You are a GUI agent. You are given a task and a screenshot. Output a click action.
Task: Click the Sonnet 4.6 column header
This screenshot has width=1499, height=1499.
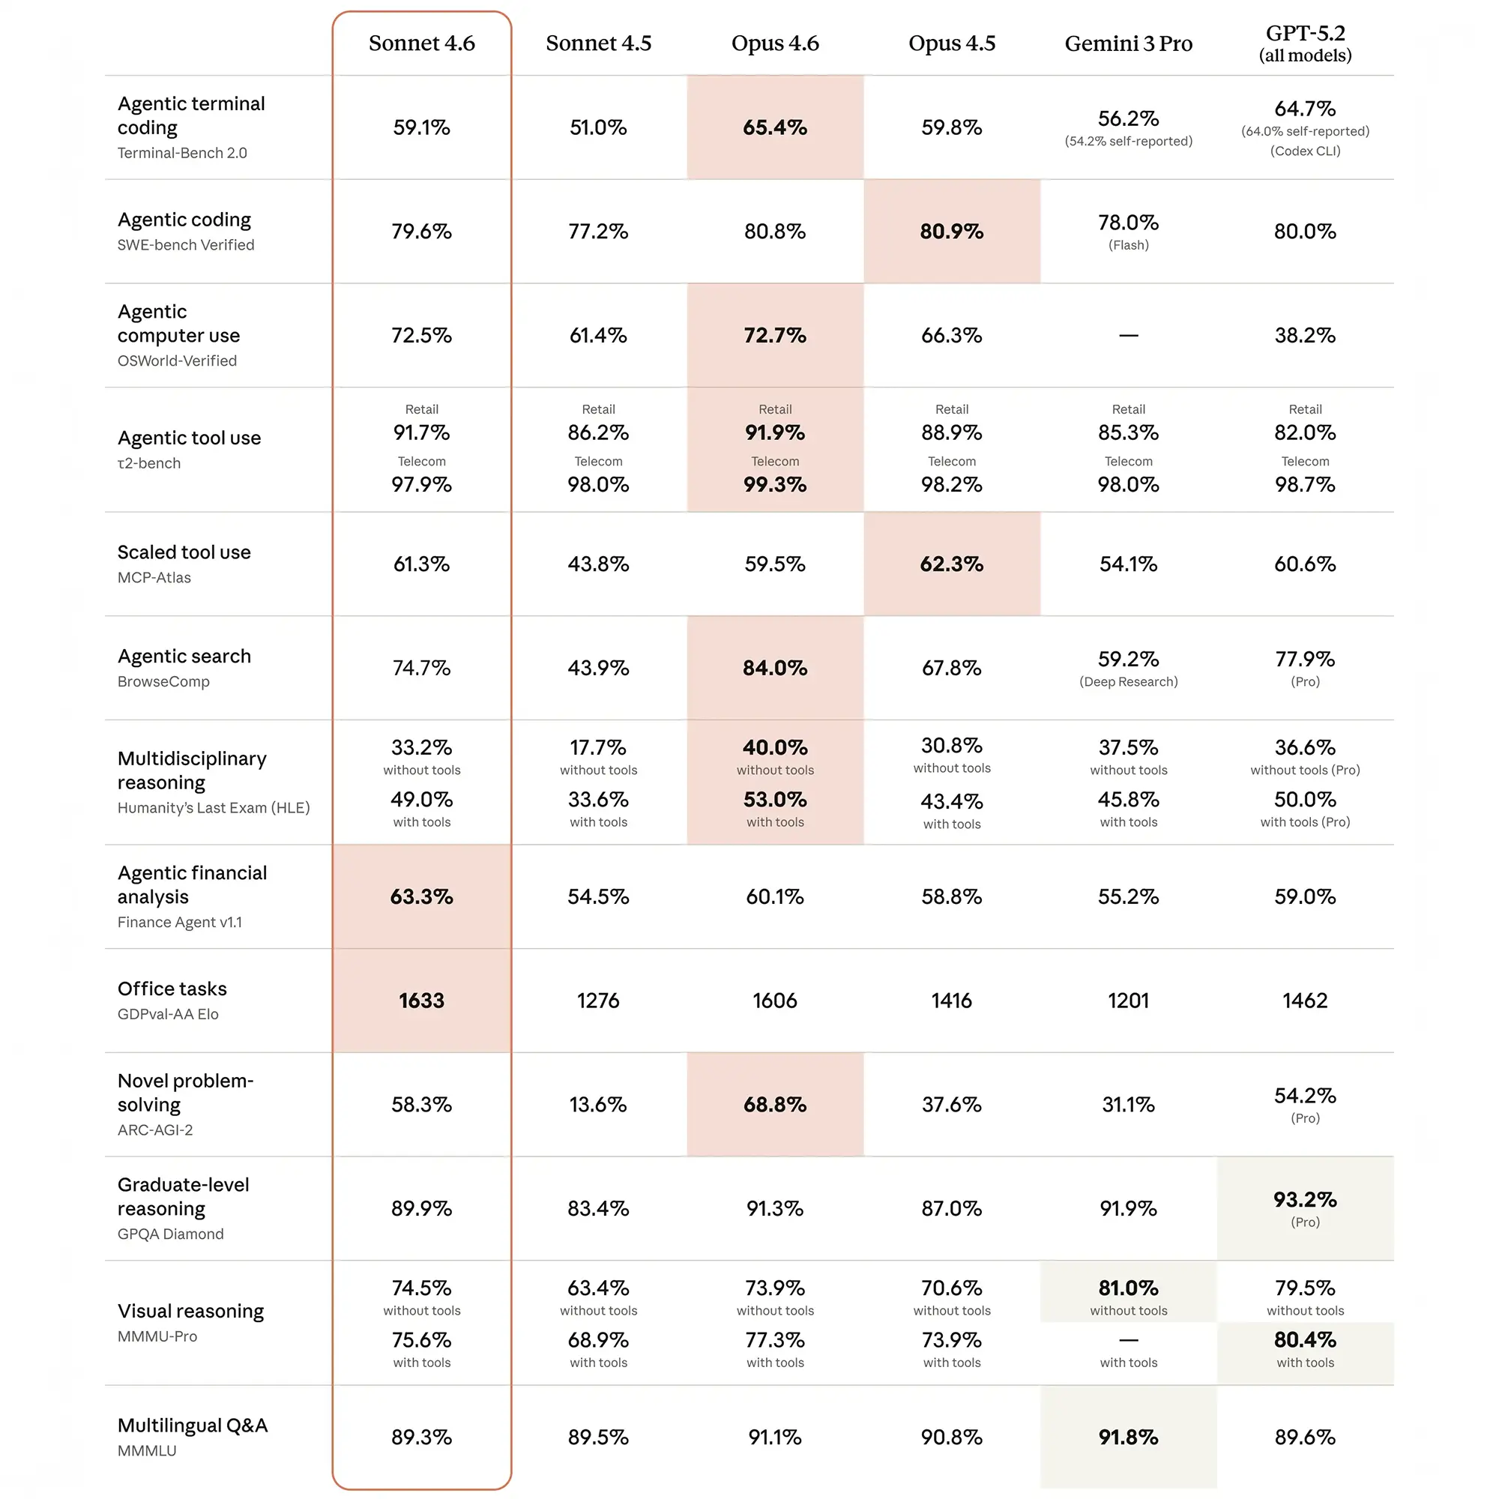(421, 43)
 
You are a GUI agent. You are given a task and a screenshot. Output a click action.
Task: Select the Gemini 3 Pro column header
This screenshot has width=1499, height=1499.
(1128, 43)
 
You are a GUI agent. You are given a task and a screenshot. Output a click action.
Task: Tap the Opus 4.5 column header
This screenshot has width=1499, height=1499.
(951, 43)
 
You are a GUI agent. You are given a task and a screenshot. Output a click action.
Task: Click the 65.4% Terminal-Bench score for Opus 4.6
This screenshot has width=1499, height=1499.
(774, 127)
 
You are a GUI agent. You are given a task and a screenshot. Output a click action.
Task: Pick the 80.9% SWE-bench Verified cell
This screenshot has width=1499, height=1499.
(951, 231)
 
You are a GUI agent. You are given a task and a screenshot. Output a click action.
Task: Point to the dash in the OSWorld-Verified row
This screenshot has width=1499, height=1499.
(1128, 335)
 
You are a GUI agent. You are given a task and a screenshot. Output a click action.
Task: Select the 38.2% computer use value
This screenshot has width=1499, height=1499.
(1305, 335)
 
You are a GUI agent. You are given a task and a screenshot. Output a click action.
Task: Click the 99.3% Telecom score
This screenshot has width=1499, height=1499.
(774, 485)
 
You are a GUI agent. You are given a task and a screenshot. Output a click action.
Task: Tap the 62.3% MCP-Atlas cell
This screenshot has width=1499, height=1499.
(951, 564)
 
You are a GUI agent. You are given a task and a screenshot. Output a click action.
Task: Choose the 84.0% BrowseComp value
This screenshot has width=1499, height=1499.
(774, 668)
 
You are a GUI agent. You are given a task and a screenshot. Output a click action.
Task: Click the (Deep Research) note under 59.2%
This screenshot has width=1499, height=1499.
(1128, 682)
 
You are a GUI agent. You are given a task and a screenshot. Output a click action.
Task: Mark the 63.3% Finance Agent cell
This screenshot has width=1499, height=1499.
(421, 897)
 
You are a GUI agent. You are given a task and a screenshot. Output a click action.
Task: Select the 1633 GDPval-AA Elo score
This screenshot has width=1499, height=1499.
(421, 1001)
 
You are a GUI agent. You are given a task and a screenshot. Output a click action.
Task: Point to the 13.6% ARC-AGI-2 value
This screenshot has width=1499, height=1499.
(597, 1105)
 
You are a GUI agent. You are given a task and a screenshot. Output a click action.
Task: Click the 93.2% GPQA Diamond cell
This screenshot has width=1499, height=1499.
(1305, 1200)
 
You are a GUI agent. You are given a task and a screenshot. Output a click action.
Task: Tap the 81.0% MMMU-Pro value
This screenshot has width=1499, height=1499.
(1128, 1288)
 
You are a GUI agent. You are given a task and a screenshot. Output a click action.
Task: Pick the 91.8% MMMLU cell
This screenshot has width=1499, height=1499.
(1128, 1438)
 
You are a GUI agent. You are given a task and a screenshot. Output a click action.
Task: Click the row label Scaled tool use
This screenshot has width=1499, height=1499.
(184, 552)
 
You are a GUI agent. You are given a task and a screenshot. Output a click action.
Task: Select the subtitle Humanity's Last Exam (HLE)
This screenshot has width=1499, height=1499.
(214, 809)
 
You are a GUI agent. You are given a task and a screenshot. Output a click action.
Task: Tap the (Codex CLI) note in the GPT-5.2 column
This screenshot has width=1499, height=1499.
(1305, 151)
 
